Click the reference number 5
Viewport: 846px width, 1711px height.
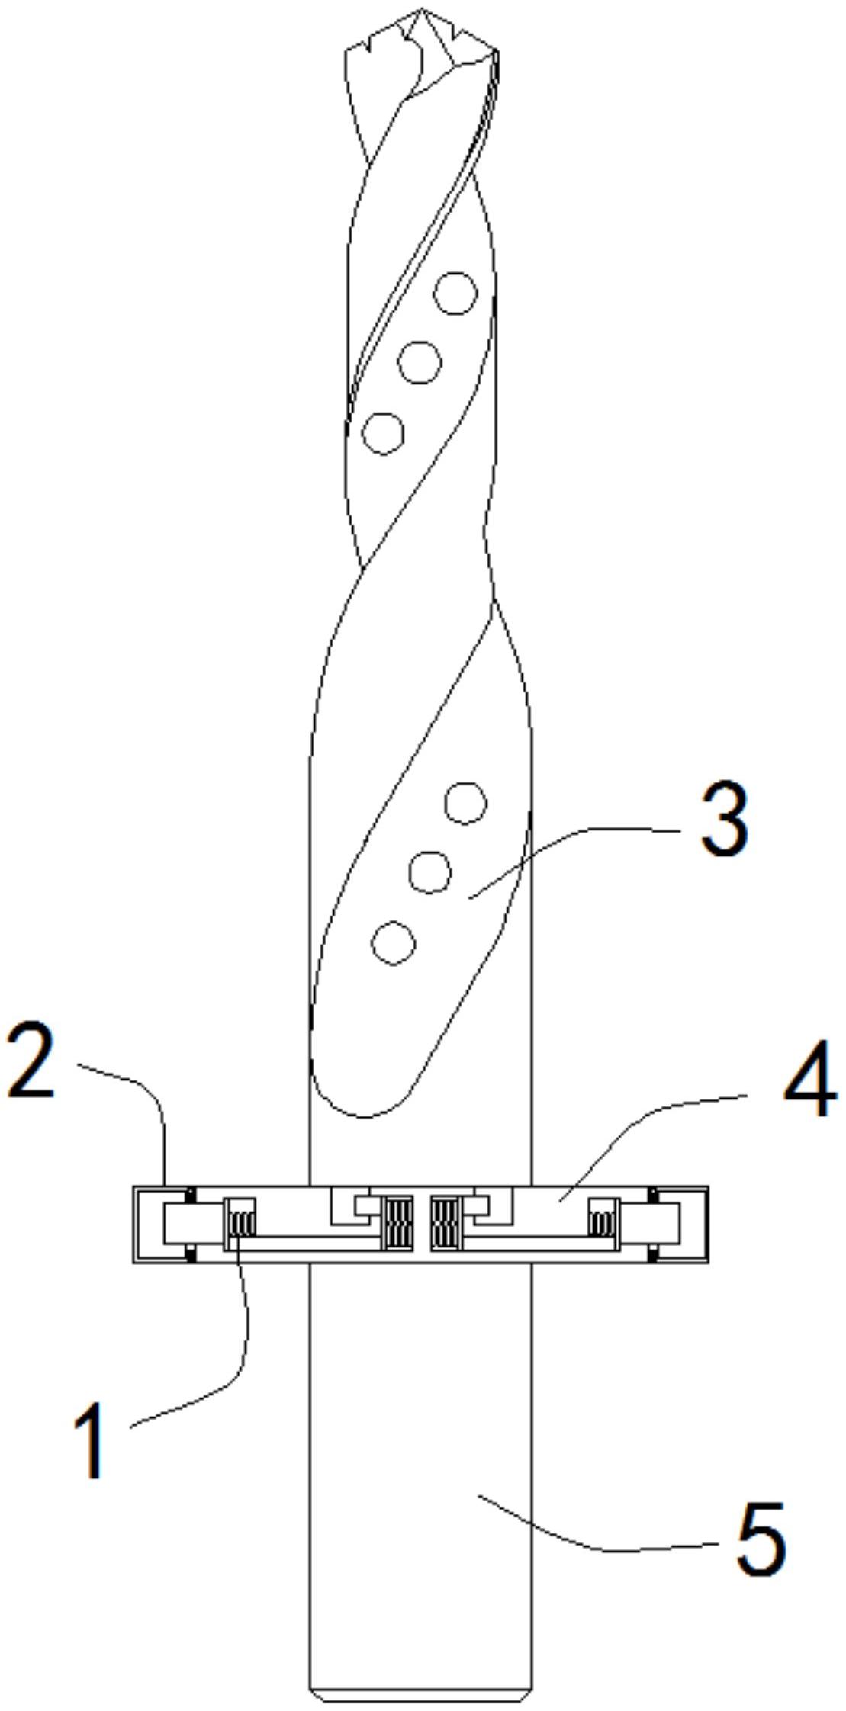pos(761,1538)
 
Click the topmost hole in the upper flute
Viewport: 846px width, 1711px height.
pos(455,293)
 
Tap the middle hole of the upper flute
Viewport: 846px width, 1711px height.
pos(420,362)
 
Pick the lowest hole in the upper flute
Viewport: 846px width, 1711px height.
pos(383,433)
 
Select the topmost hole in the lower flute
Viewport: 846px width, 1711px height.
pos(465,803)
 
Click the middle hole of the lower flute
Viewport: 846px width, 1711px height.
pos(429,872)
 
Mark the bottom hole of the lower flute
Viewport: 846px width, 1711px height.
pos(393,943)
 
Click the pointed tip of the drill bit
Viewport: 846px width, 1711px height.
pos(421,11)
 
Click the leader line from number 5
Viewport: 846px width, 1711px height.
pos(595,1544)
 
